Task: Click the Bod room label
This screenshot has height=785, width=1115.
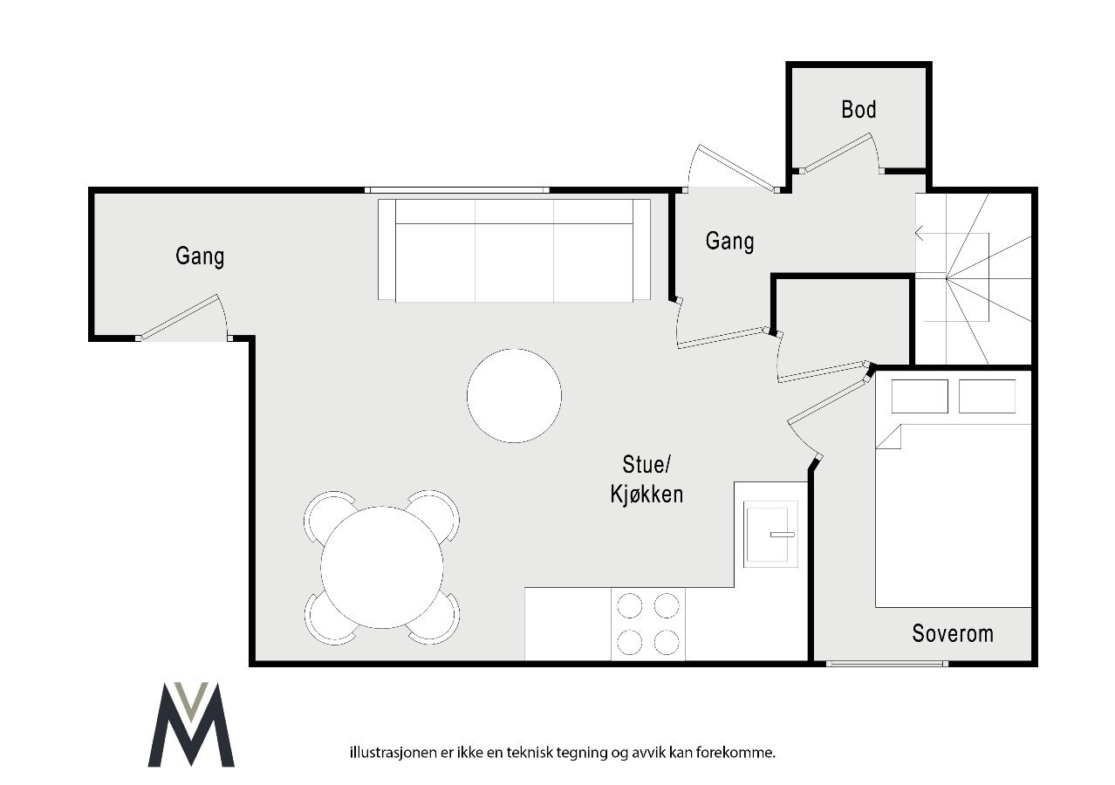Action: click(858, 110)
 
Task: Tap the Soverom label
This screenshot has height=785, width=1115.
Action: click(953, 633)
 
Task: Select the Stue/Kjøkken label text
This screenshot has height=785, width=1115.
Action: click(646, 479)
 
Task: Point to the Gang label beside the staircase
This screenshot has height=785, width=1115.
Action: click(729, 241)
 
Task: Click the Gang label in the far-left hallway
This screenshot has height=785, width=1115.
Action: click(200, 256)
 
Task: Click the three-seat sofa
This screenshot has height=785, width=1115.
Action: click(514, 251)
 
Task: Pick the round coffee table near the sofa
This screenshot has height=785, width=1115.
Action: click(514, 396)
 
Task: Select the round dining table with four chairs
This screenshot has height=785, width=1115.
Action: click(382, 567)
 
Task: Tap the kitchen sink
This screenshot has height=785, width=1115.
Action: click(770, 534)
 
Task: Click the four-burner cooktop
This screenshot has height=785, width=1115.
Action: click(647, 624)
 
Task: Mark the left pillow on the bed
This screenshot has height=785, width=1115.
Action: click(920, 396)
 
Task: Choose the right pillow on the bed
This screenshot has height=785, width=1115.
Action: click(987, 396)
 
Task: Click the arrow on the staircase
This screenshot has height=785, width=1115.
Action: click(920, 233)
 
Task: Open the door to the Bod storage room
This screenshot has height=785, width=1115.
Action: click(838, 153)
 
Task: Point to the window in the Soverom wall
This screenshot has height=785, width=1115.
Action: click(886, 664)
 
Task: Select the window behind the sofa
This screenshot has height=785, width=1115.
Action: click(456, 190)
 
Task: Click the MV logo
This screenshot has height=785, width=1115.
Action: click(191, 725)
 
